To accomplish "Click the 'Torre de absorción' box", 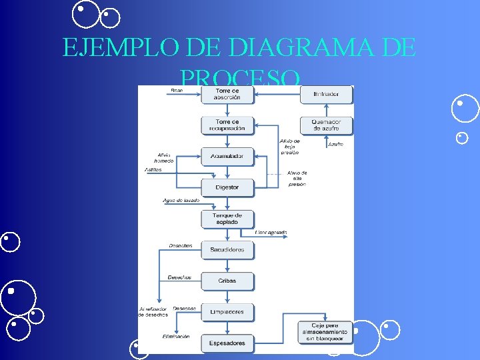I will (227, 94).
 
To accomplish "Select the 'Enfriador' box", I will (325, 94).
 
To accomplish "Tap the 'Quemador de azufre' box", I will (325, 125).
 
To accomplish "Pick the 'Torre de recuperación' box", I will (227, 125).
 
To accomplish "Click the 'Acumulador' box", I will (227, 156).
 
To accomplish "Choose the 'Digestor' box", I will (227, 187).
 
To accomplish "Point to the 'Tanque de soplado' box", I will (227, 218).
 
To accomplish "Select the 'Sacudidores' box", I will (227, 249).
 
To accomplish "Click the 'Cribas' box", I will (227, 281).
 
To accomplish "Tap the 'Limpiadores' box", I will (227, 311).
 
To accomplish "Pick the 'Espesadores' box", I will (227, 343).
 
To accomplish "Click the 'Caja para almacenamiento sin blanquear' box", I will (325, 331).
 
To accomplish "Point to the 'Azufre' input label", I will (335, 144).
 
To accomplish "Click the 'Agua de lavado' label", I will (181, 200).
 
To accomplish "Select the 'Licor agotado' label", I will (271, 233).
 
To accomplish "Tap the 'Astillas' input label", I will (153, 170).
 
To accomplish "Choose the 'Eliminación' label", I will (176, 337).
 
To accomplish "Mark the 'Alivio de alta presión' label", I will (297, 179).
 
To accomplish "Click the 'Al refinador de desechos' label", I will (154, 311).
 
